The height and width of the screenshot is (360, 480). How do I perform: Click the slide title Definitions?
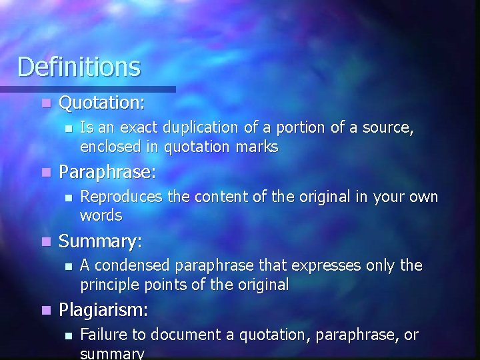(79, 67)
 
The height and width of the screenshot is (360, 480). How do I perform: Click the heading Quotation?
(102, 103)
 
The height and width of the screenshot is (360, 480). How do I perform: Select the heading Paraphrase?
(107, 173)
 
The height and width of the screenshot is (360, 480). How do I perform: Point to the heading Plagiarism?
(103, 310)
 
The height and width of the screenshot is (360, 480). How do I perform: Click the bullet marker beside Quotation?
(45, 105)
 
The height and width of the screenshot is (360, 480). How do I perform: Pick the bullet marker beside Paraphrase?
(45, 173)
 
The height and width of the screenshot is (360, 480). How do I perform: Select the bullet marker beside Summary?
(45, 242)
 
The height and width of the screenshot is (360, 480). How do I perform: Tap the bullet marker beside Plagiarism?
(45, 311)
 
